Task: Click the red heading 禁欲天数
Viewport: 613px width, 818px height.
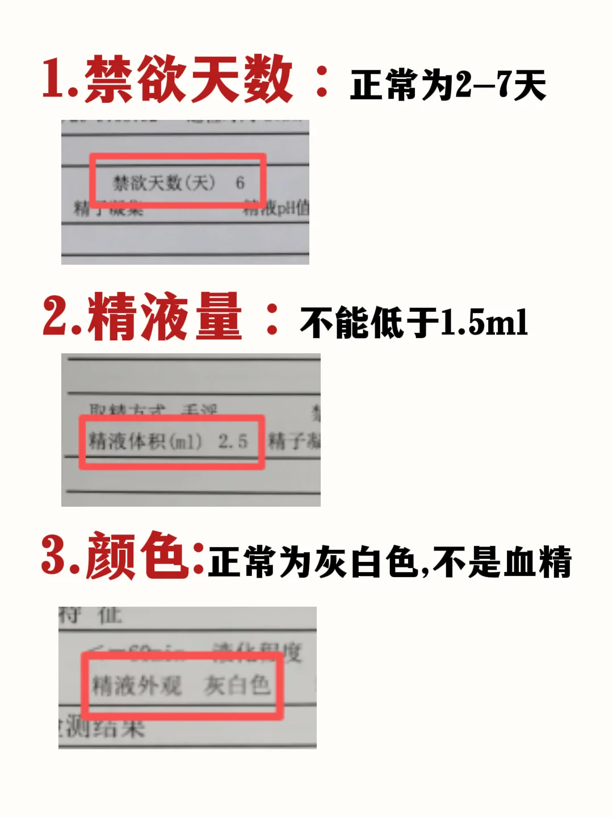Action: tap(188, 80)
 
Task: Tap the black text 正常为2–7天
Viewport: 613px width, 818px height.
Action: tap(448, 85)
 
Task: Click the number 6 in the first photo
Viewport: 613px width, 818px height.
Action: tap(240, 183)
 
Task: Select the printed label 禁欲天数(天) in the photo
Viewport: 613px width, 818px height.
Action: tap(164, 183)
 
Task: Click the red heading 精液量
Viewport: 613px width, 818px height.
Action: tap(165, 316)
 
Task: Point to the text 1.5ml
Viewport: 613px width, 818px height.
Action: tap(484, 322)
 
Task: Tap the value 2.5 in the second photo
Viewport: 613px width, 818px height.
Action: tap(233, 441)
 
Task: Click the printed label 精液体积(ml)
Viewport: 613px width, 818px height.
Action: tap(145, 441)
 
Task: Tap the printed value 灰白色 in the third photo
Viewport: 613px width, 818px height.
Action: tap(237, 685)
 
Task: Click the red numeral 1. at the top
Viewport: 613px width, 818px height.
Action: tap(60, 80)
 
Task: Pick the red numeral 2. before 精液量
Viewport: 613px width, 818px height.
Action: tap(62, 316)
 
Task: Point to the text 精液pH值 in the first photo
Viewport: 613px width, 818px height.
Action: tap(276, 208)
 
